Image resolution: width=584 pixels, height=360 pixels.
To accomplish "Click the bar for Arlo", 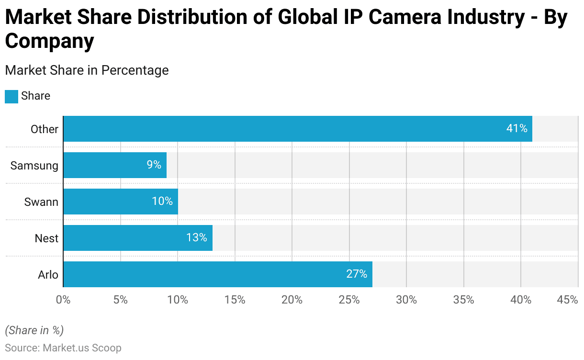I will coord(218,274).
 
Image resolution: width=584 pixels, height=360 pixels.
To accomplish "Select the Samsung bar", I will coord(115,165).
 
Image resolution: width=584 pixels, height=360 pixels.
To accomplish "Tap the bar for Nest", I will coord(138,238).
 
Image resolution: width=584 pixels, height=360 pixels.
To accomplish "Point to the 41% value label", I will coord(517,129).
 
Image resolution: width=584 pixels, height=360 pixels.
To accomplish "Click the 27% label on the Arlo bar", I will coord(357,274).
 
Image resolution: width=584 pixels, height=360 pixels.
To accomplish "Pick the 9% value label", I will coord(154,165).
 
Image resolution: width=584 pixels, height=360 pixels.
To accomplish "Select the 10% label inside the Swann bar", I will coord(162,202).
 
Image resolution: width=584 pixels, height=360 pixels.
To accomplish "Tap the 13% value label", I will coord(196,238).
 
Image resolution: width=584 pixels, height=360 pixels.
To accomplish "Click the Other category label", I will coord(45,129).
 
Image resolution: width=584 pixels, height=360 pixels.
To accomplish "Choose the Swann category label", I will coord(41,202).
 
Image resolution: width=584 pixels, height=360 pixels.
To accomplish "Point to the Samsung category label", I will coord(34,166).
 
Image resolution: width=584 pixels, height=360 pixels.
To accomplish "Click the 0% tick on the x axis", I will coord(63,300).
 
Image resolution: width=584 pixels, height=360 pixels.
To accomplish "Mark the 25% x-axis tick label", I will coord(349,300).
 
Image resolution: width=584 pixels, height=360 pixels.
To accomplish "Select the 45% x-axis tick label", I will coord(568,300).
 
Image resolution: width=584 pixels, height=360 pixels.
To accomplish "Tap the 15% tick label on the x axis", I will coord(235,300).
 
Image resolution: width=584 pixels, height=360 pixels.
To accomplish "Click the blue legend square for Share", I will coord(11,96).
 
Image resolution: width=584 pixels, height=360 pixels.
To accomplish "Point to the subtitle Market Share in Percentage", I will coord(87,70).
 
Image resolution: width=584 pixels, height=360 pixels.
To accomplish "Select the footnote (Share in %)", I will coord(34,330).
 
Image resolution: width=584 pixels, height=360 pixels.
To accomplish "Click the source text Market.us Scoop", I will coord(82,348).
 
